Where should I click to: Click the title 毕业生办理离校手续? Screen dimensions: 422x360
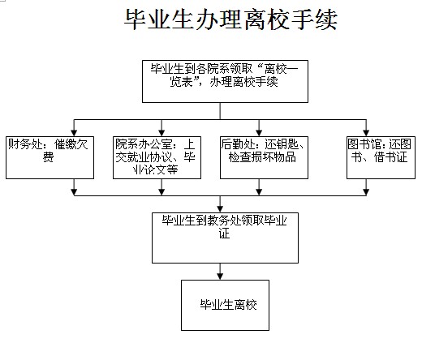point(230,19)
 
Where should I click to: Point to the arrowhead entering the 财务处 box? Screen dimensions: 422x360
point(74,133)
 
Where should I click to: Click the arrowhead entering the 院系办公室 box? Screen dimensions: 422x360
point(161,133)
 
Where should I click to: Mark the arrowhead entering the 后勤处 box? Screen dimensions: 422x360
point(259,133)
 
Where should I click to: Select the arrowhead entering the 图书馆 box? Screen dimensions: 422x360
point(366,133)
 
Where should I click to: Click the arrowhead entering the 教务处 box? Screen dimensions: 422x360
point(220,209)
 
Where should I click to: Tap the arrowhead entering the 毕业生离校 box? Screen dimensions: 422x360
point(220,276)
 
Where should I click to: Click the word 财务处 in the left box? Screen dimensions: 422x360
point(25,144)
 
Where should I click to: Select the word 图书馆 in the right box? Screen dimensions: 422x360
point(364,144)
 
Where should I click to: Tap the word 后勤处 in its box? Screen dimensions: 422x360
point(239,144)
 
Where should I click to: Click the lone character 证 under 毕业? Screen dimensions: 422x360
point(224,234)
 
